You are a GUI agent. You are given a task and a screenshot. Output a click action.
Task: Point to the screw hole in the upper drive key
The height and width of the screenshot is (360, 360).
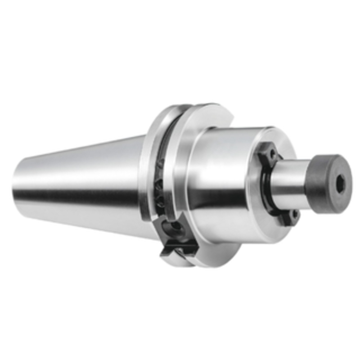tap(271, 153)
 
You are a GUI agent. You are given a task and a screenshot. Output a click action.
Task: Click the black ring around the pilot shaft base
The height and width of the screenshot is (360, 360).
tap(267, 189)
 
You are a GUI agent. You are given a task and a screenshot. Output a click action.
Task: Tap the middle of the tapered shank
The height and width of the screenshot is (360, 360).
tap(81, 180)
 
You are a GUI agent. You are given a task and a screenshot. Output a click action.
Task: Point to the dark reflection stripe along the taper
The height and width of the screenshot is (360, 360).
tap(76, 195)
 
